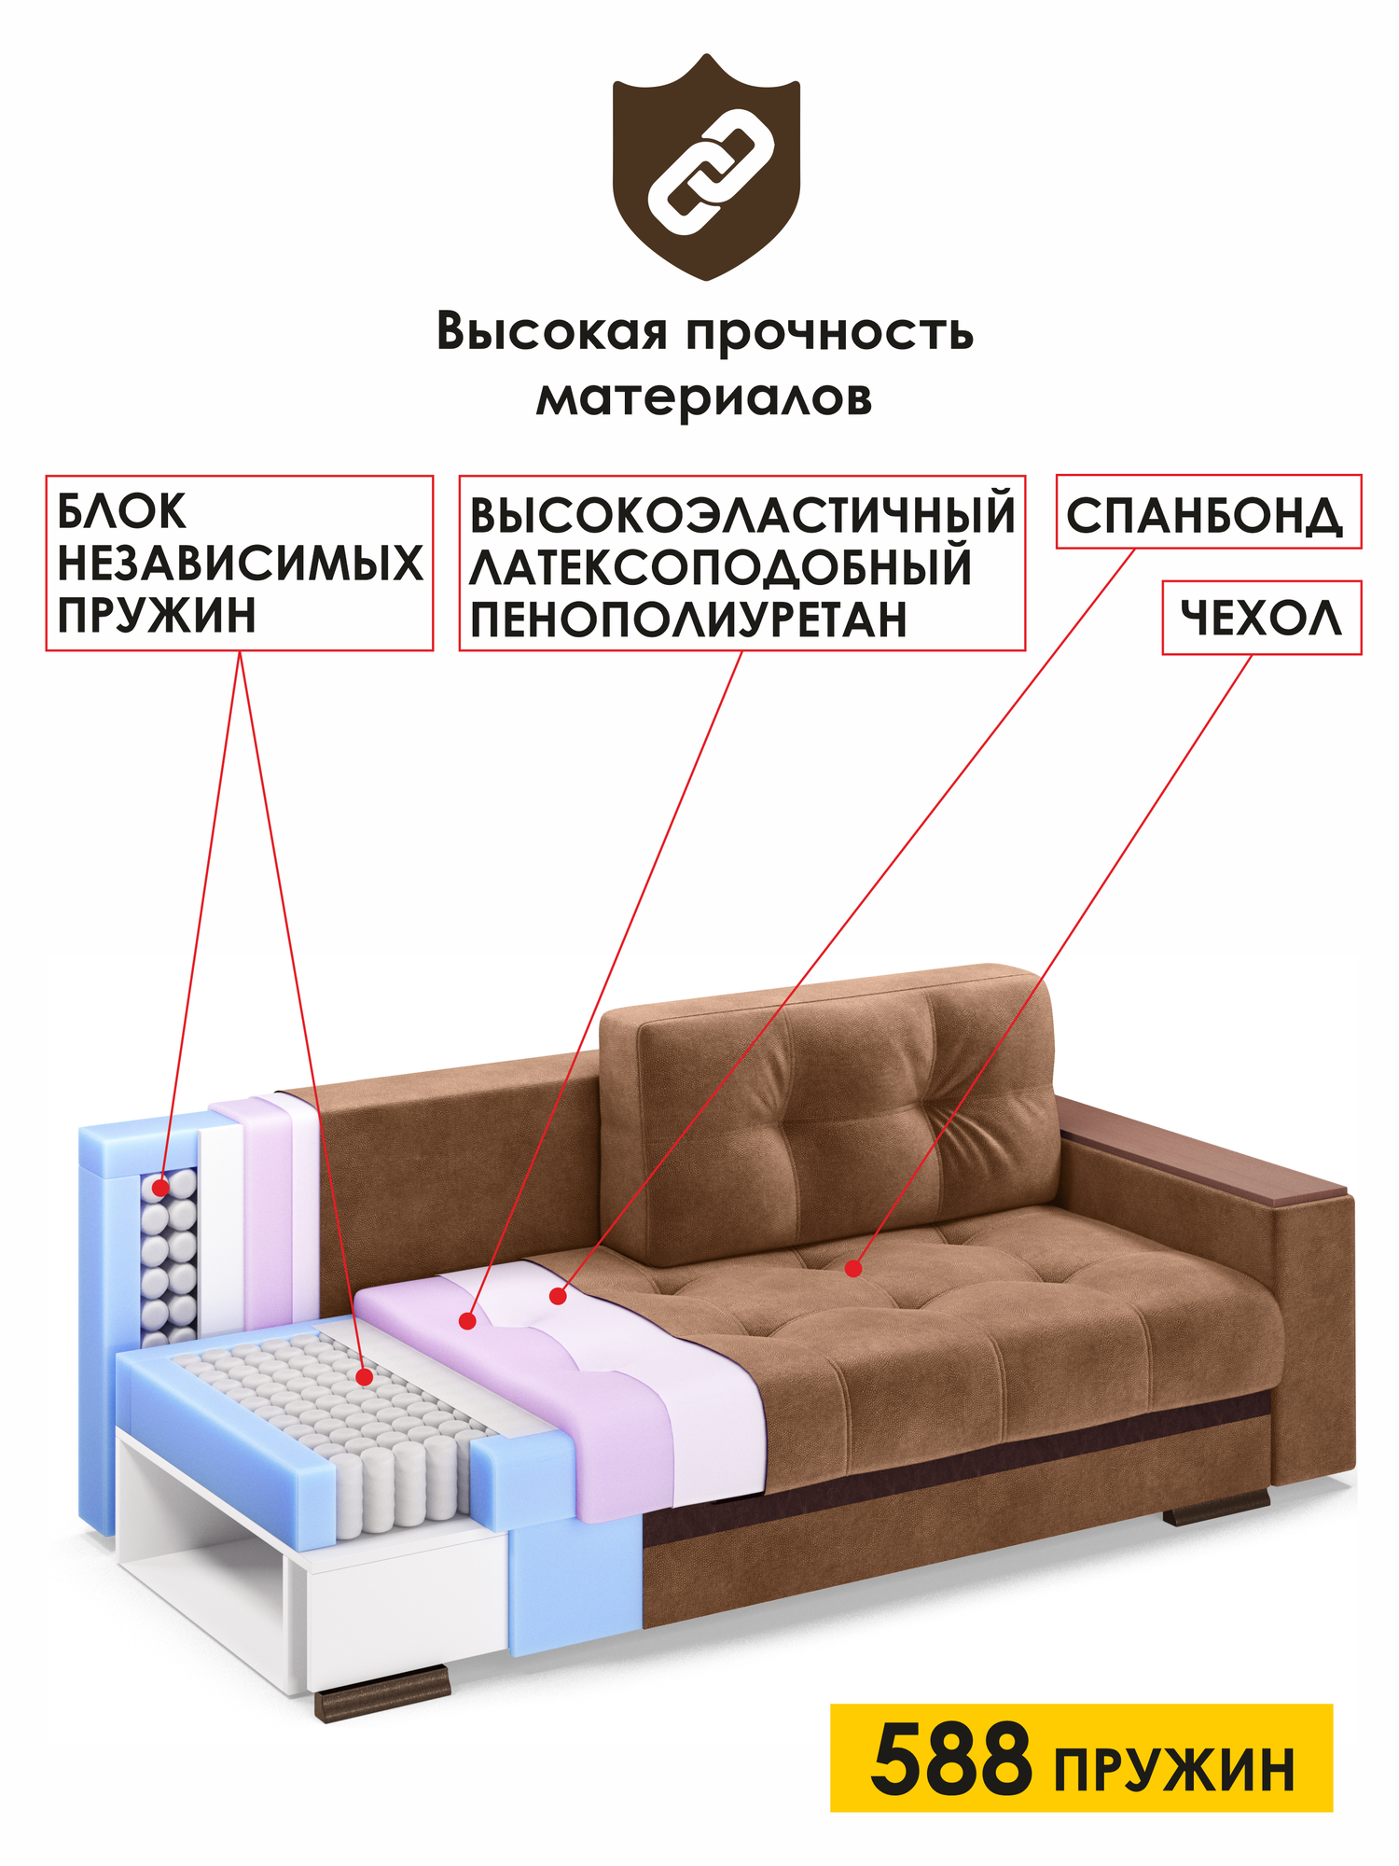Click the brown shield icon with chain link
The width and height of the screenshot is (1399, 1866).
(706, 168)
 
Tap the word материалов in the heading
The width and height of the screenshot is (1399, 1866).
(704, 397)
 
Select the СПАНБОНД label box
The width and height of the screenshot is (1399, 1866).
(1208, 512)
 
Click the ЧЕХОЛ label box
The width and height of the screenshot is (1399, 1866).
(1261, 618)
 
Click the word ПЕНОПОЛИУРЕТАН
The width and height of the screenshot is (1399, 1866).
(688, 620)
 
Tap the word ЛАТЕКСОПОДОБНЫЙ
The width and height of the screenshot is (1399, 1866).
(720, 568)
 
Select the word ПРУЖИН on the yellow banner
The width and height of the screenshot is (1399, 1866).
(1175, 1769)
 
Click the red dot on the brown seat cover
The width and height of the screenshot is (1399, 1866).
(853, 1268)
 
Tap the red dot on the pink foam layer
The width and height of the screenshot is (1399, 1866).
(468, 1320)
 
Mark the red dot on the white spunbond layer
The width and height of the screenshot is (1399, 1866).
(558, 1296)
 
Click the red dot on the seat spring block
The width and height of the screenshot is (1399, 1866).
(365, 1376)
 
